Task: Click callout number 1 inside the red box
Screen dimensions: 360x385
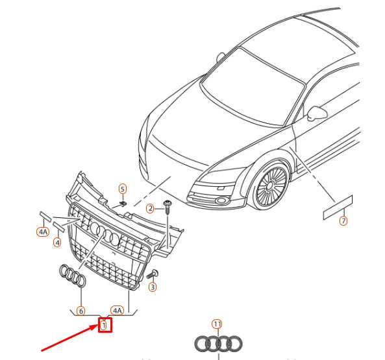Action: pyautogui.click(x=105, y=324)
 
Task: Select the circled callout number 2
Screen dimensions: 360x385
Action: pyautogui.click(x=149, y=208)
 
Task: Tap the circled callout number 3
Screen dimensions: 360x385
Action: pyautogui.click(x=153, y=287)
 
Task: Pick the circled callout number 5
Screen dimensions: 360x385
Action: pyautogui.click(x=122, y=189)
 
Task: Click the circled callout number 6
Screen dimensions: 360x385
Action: pyautogui.click(x=81, y=311)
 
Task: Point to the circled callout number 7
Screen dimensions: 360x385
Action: pyautogui.click(x=343, y=221)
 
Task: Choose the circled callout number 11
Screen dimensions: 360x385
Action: pyautogui.click(x=217, y=324)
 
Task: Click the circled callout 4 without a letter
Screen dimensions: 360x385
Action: pyautogui.click(x=57, y=243)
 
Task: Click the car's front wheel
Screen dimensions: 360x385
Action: pyautogui.click(x=270, y=187)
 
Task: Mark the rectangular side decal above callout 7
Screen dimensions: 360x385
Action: pyautogui.click(x=337, y=206)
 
